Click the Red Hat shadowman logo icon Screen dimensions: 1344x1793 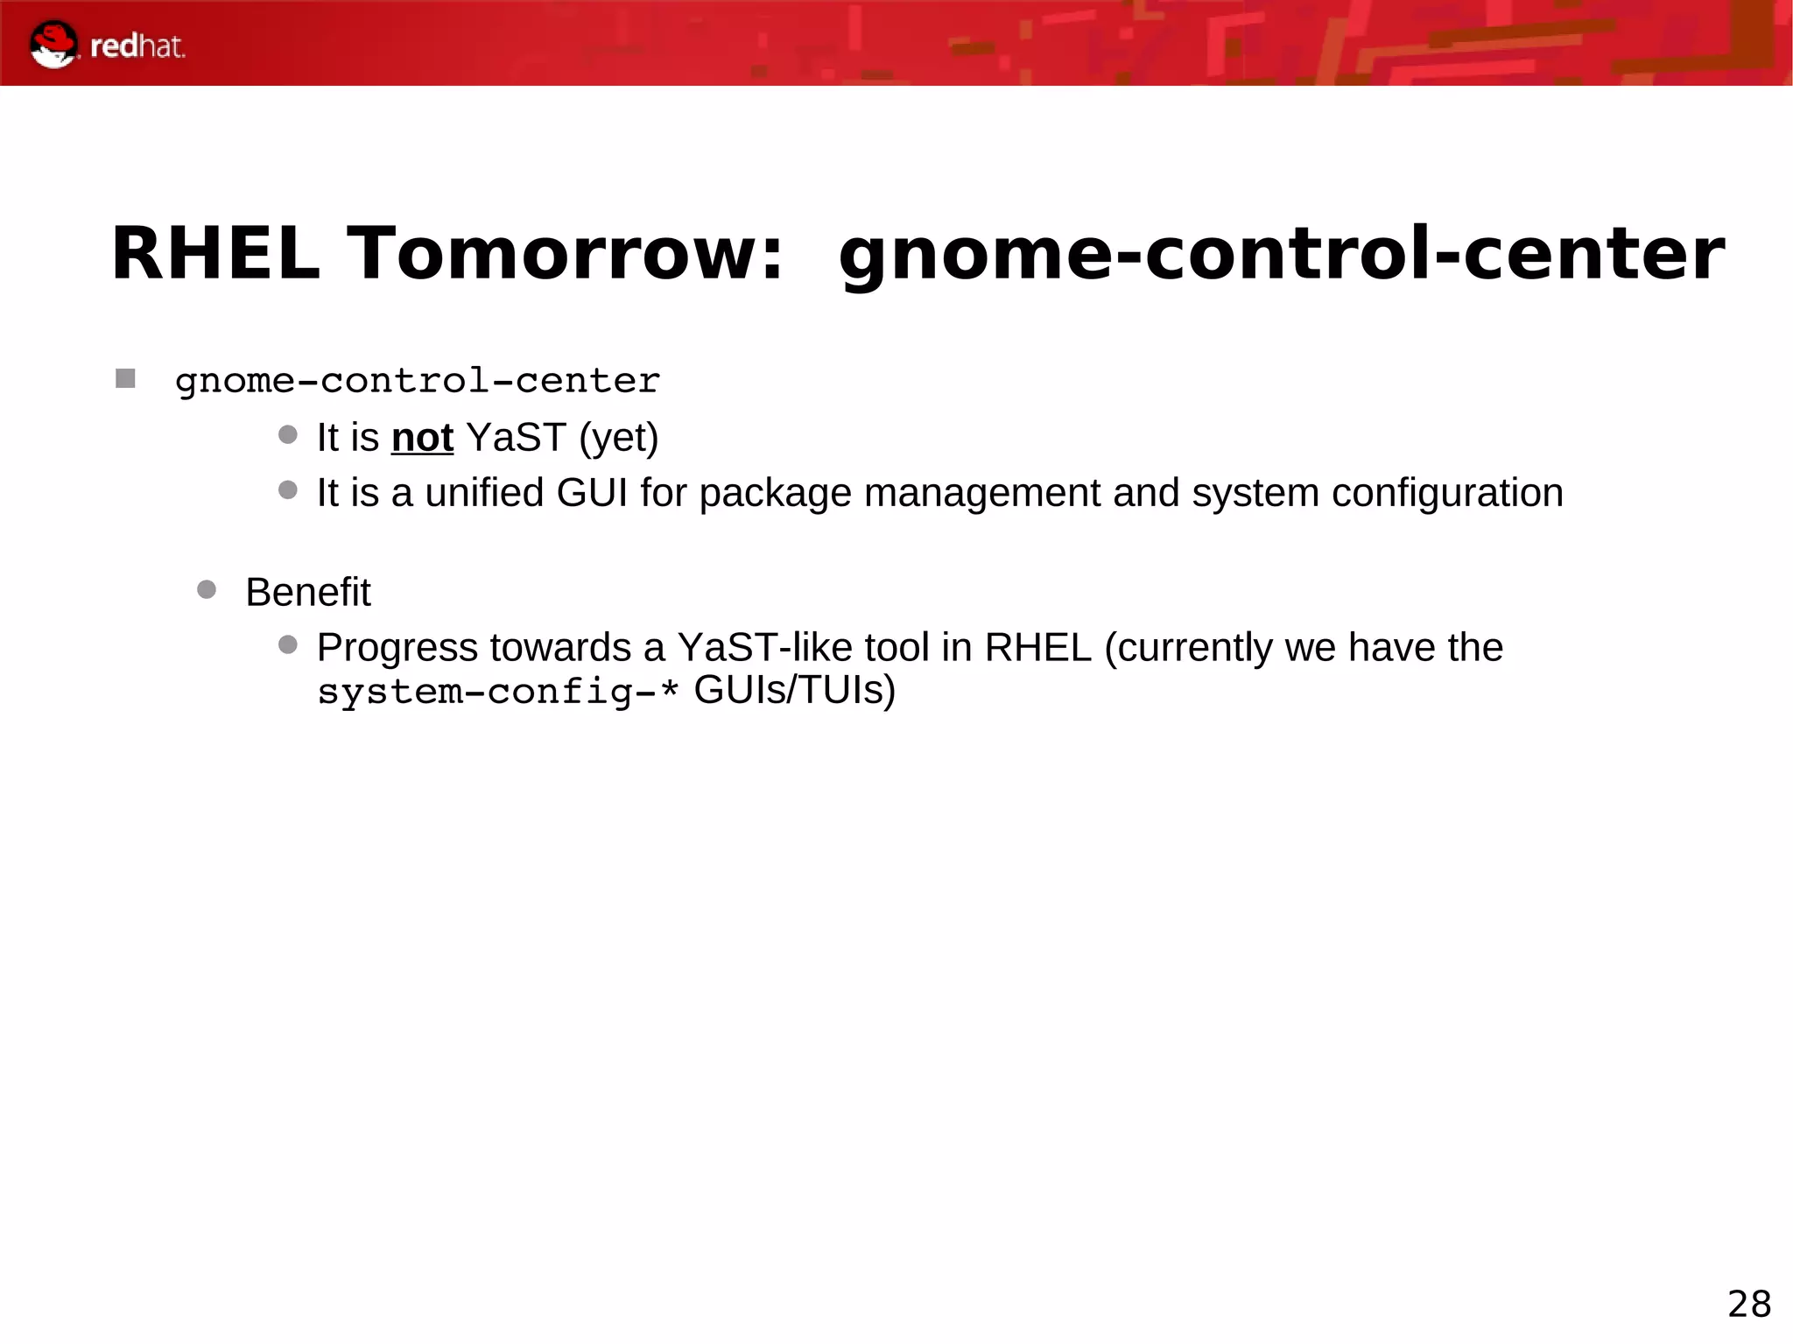[53, 44]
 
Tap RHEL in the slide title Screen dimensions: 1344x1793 [215, 254]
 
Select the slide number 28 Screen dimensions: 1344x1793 [1748, 1305]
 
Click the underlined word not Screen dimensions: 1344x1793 [422, 438]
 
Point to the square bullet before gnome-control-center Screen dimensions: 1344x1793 [125, 379]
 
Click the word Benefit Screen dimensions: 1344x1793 [308, 593]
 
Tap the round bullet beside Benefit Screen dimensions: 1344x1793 [207, 589]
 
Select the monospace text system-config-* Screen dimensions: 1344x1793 [498, 692]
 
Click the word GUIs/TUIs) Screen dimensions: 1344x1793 [795, 691]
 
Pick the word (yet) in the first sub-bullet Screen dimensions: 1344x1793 [619, 438]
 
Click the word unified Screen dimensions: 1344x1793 [484, 493]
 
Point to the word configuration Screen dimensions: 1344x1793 [1447, 493]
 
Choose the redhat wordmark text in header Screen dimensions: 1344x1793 [137, 46]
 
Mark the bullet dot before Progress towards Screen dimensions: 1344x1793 [288, 645]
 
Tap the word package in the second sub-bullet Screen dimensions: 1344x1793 [776, 494]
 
